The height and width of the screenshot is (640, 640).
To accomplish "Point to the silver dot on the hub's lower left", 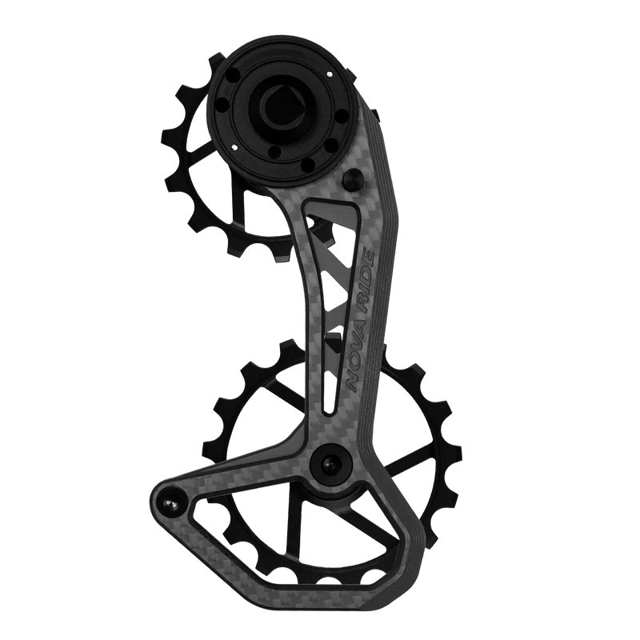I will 237,146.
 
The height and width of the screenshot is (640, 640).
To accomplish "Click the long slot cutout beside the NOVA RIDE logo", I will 326,304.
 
